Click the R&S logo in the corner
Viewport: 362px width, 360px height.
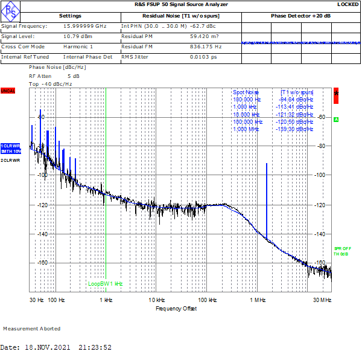(x=10, y=10)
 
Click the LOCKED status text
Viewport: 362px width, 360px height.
(x=348, y=4)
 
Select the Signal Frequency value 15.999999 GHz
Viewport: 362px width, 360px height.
(x=84, y=27)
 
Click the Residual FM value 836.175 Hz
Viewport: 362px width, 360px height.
(x=206, y=47)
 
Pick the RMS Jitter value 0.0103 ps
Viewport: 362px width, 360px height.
(x=203, y=57)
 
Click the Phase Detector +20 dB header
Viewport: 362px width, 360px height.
(x=300, y=16)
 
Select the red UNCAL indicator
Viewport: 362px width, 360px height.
(x=7, y=91)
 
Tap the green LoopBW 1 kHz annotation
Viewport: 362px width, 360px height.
(x=105, y=283)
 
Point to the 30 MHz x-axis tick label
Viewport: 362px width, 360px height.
(x=322, y=300)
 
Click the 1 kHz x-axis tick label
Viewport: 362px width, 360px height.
(x=106, y=300)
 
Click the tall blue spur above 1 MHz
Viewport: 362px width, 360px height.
(x=266, y=193)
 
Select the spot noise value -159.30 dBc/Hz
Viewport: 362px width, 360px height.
(x=296, y=129)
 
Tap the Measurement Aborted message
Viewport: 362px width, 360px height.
(x=32, y=329)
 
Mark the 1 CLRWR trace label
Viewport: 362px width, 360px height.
(x=10, y=146)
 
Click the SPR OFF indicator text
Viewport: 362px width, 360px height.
(x=341, y=248)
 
